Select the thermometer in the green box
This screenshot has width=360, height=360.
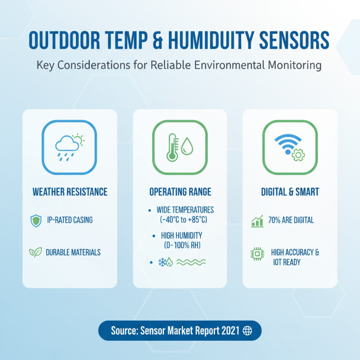[171, 147]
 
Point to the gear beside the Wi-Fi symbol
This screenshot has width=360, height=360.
[298, 156]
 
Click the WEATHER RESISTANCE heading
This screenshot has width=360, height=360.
[70, 192]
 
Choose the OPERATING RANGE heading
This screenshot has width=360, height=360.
[180, 192]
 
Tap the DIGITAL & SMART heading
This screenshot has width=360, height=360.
[290, 192]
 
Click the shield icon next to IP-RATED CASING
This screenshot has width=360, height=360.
[35, 220]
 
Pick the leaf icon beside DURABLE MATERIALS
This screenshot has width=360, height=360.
[35, 252]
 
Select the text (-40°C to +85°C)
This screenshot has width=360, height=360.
[184, 220]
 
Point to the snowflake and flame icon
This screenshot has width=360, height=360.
[165, 262]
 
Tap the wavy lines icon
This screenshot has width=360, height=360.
[191, 262]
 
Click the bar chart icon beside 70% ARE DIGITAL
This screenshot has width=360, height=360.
[257, 220]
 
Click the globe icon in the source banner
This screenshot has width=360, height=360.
[247, 331]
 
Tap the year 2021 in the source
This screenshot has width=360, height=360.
[229, 331]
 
